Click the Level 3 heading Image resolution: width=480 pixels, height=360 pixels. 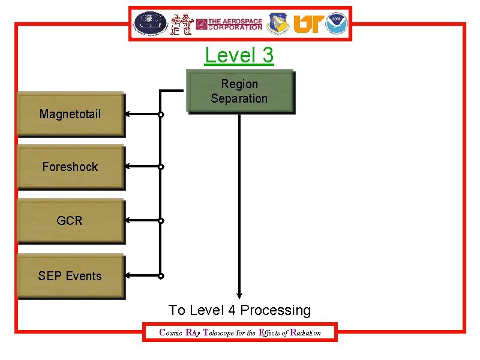pos(239,55)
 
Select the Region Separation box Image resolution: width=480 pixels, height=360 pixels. pos(240,91)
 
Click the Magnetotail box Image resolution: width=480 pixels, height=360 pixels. pos(70,113)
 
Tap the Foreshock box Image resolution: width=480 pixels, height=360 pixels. pos(70,167)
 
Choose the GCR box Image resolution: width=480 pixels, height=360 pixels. pos(70,221)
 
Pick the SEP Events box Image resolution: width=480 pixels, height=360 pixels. pos(70,276)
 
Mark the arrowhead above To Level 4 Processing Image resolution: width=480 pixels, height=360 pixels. pos(239,294)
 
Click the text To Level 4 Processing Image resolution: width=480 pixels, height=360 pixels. pos(239,310)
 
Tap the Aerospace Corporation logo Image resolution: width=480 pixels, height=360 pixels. pos(229,24)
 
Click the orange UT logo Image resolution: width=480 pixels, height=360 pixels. pos(308,24)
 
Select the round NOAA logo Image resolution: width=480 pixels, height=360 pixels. pos(337,23)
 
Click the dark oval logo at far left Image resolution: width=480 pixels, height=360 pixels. pos(150,23)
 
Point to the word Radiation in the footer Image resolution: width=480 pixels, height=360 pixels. pos(305,332)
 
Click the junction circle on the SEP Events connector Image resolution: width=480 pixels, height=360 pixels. pos(161,276)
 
